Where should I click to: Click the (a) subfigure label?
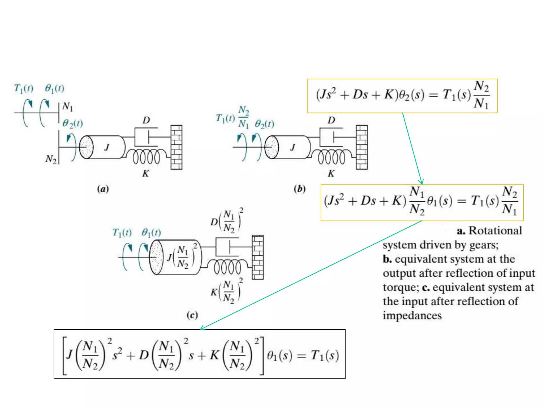pyautogui.click(x=103, y=189)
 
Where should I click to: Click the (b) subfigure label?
pyautogui.click(x=300, y=189)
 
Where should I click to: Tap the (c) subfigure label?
pyautogui.click(x=192, y=315)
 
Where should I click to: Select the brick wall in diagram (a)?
pyautogui.click(x=176, y=147)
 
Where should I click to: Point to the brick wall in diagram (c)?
pyautogui.click(x=257, y=257)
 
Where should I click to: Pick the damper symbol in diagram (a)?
pyautogui.click(x=146, y=137)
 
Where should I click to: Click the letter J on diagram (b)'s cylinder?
pyautogui.click(x=293, y=147)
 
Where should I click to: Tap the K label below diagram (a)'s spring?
pyautogui.click(x=146, y=174)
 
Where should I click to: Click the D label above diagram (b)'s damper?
pyautogui.click(x=331, y=120)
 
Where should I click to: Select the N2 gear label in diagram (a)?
pyautogui.click(x=51, y=159)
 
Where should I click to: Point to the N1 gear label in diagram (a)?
pyautogui.click(x=68, y=107)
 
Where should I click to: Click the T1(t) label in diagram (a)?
pyautogui.click(x=24, y=88)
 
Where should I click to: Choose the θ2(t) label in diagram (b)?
pyautogui.click(x=264, y=124)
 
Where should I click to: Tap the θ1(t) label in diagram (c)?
pyautogui.click(x=151, y=233)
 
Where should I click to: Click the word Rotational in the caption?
pyautogui.click(x=495, y=231)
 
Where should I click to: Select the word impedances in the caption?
pyautogui.click(x=412, y=316)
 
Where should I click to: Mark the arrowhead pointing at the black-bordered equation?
pyautogui.click(x=202, y=328)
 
